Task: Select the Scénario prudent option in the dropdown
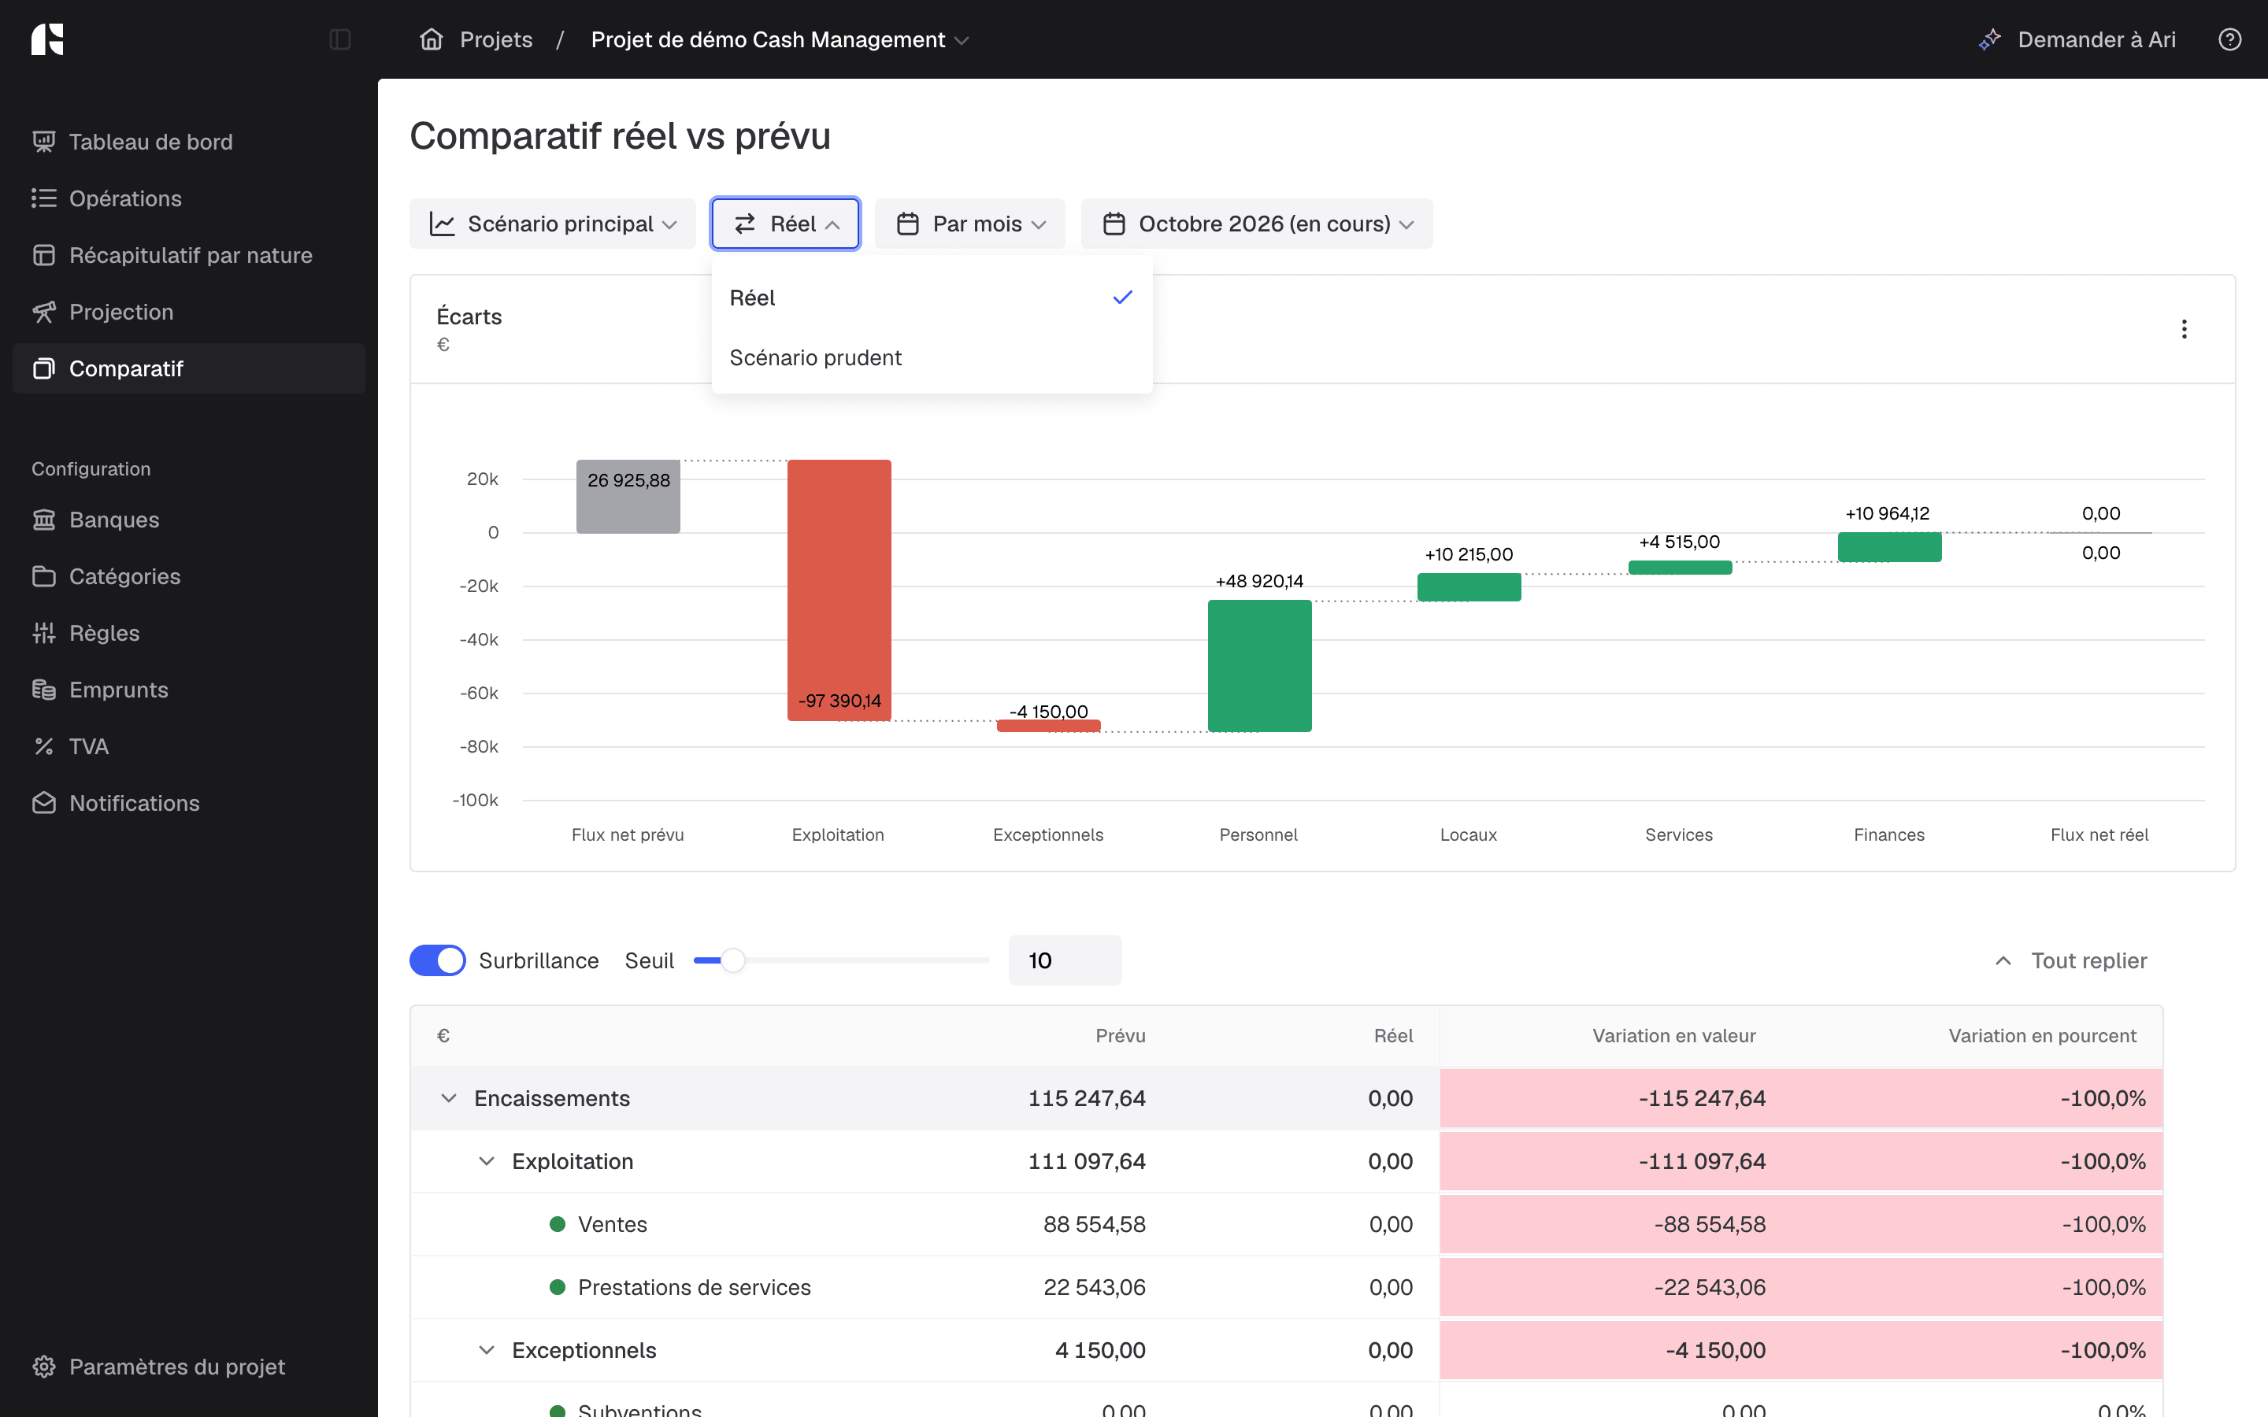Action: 815,358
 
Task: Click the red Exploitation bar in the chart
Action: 839,590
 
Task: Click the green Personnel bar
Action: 1259,665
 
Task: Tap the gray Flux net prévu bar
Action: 628,497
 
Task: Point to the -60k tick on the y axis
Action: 479,694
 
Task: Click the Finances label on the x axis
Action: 1889,835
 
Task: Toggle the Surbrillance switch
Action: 438,960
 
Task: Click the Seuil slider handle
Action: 733,960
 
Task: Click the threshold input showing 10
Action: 1065,960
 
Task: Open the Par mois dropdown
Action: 970,224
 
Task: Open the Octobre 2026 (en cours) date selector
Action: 1257,224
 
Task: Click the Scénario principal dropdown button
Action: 553,224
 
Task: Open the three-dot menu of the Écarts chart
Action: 2185,329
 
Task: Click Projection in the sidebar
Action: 121,312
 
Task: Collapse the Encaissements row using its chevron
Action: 449,1098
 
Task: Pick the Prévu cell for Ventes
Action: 1094,1225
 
